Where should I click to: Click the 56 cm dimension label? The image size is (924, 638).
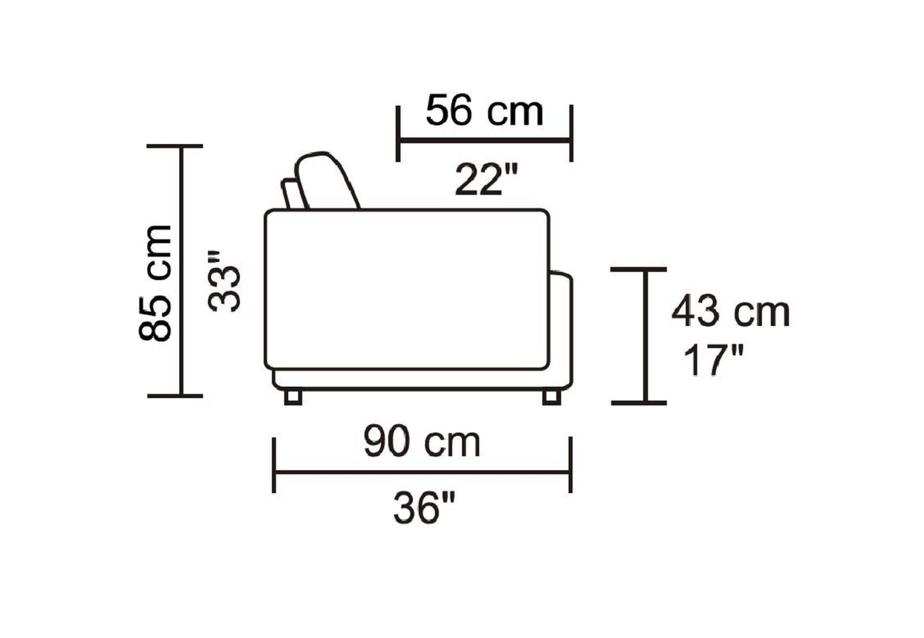tap(484, 111)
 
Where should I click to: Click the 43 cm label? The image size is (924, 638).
tap(731, 312)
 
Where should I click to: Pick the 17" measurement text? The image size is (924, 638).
tap(713, 360)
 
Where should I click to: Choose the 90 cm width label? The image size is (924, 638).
tap(422, 443)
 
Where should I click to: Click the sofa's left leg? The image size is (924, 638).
tap(293, 397)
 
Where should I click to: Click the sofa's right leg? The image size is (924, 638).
tap(552, 397)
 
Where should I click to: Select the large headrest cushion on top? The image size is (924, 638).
tap(327, 181)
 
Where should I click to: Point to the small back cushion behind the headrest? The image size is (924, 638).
tap(292, 193)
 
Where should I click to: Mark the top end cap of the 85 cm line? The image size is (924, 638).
tap(175, 147)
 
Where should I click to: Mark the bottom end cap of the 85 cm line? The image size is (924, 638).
tap(175, 396)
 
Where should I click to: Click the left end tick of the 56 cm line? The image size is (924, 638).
tap(398, 134)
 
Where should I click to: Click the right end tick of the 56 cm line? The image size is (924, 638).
tap(571, 134)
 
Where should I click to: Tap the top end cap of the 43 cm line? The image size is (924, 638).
tap(639, 269)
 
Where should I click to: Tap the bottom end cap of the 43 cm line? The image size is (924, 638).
tap(639, 402)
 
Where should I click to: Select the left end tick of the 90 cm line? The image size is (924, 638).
tap(274, 465)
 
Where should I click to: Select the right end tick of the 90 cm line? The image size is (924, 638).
tap(571, 465)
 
